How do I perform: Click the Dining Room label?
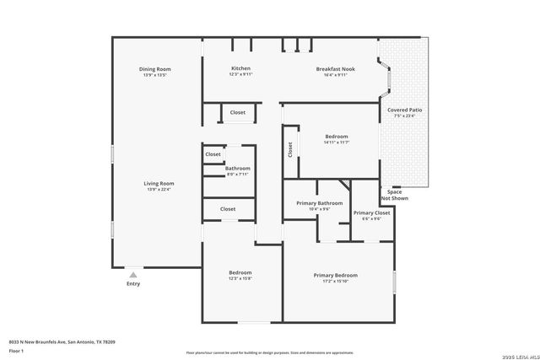[155, 69]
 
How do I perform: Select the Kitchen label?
[241, 68]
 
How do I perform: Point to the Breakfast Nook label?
[335, 68]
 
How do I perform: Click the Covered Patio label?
[404, 110]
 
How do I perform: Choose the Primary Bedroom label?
[335, 276]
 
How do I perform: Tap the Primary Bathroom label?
[319, 203]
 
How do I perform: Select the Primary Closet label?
[371, 213]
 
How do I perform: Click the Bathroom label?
[237, 169]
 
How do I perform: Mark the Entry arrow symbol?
[132, 274]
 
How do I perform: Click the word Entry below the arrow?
[133, 284]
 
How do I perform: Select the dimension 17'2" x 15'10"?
[335, 282]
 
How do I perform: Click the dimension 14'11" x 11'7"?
[337, 142]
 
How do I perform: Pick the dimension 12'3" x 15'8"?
[240, 279]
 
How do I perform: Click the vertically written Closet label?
[290, 149]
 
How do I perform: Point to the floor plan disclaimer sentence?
[269, 352]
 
